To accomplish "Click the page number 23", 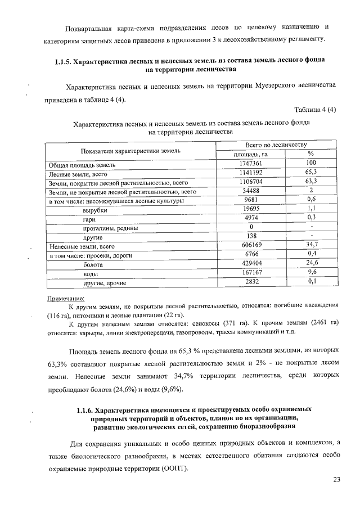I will [x=337, y=480].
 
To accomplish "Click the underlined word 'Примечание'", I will [x=65, y=298].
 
